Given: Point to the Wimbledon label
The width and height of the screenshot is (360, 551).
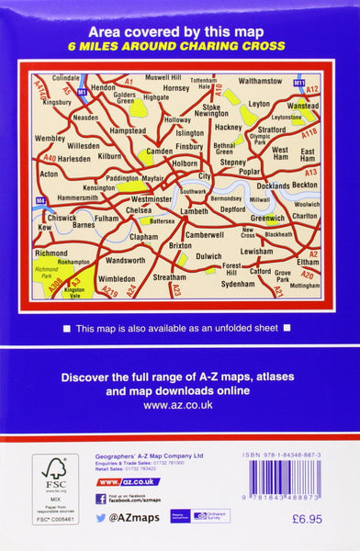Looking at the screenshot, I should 116,276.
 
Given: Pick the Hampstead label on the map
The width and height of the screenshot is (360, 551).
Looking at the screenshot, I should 127,130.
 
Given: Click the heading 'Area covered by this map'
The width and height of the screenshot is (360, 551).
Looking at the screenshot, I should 180,30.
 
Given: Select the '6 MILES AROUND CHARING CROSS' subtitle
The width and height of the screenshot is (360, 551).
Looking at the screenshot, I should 180,46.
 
